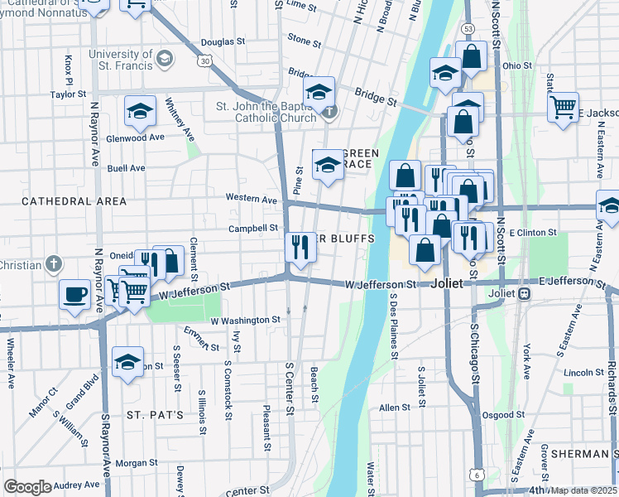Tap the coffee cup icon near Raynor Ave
pos(75,294)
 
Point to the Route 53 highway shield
pos(468,30)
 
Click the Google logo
pos(27,487)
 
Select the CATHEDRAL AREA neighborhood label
pos(74,201)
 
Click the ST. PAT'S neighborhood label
pos(155,413)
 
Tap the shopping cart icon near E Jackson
pos(563,107)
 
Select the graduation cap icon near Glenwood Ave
pos(141,110)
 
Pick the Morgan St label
pos(137,463)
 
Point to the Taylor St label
pos(68,94)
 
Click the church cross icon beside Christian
pos(53,265)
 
